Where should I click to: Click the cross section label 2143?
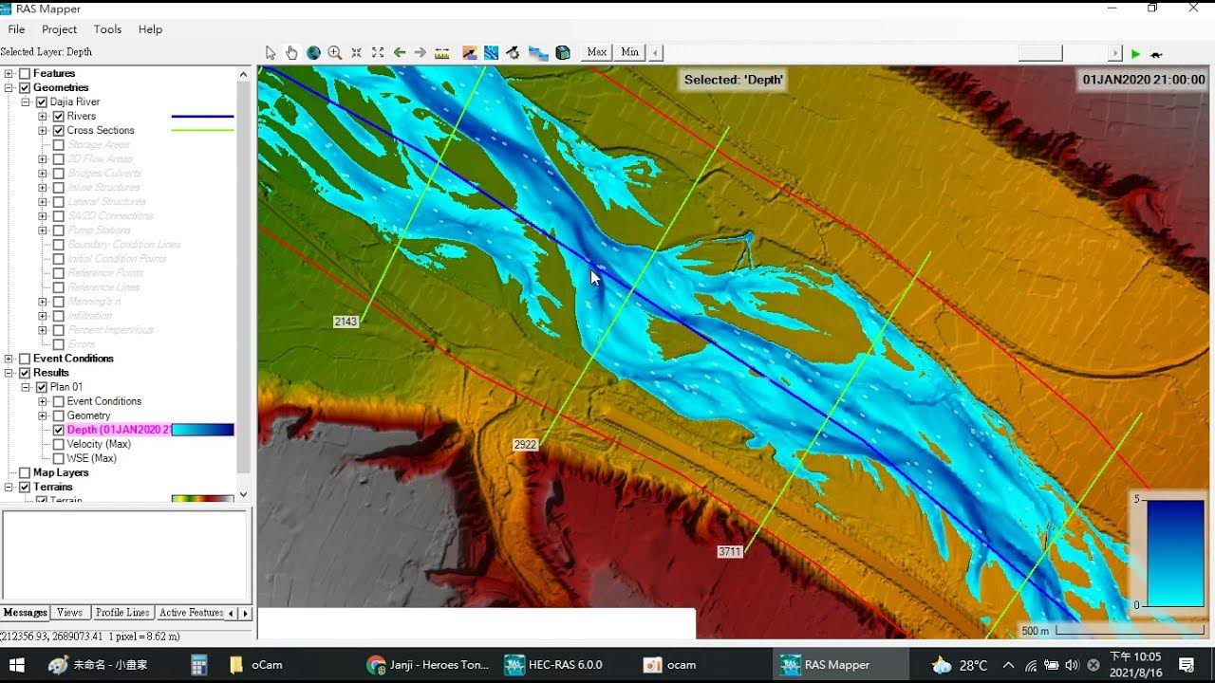(x=346, y=322)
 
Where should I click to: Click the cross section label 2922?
(x=525, y=444)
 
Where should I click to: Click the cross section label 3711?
(x=729, y=551)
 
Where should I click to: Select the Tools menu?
(x=107, y=29)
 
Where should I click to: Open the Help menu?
(x=150, y=29)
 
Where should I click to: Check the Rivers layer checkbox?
(x=59, y=117)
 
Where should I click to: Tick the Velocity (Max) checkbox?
(x=59, y=444)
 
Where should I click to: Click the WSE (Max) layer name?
(x=91, y=458)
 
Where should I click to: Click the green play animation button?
(x=1135, y=54)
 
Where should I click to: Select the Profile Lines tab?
(x=122, y=613)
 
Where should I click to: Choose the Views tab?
(x=69, y=613)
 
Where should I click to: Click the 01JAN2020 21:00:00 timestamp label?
(x=1144, y=80)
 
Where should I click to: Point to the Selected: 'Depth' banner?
(x=734, y=80)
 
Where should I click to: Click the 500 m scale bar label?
(x=1035, y=631)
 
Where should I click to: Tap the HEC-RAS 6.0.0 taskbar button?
(x=555, y=665)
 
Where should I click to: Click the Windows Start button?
(x=16, y=665)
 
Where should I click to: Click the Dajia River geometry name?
(x=75, y=102)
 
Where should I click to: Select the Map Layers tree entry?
(x=61, y=472)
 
